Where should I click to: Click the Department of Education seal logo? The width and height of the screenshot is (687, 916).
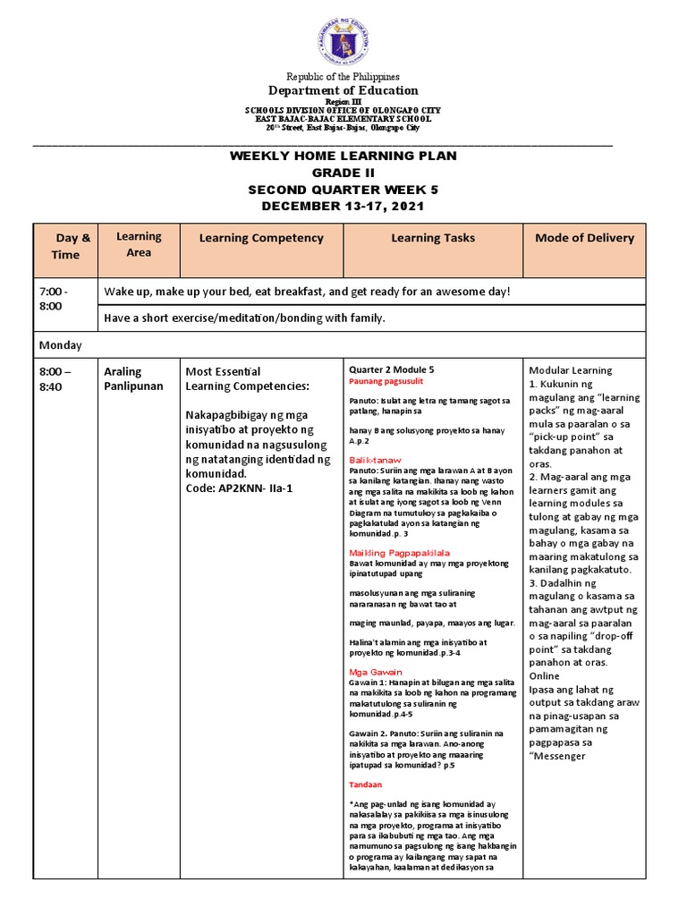(x=343, y=39)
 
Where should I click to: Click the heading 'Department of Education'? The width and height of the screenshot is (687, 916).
(x=343, y=90)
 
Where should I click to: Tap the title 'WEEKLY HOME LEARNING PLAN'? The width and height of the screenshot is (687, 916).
(x=343, y=156)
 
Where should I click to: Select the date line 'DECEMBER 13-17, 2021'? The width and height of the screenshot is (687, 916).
(x=343, y=207)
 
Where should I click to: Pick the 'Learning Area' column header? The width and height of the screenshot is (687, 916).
(x=139, y=244)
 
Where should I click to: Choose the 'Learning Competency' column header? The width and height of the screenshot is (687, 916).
(x=261, y=238)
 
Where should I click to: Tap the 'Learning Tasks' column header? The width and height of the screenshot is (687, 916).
(x=433, y=238)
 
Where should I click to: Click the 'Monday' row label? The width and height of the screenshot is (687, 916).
(x=60, y=344)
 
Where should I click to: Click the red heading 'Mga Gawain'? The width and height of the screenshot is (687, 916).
(x=376, y=671)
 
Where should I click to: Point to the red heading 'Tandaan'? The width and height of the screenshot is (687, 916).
(x=365, y=785)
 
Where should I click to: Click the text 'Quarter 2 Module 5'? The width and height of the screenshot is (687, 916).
(x=392, y=369)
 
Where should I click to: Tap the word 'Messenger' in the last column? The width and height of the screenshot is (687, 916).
(x=560, y=756)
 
